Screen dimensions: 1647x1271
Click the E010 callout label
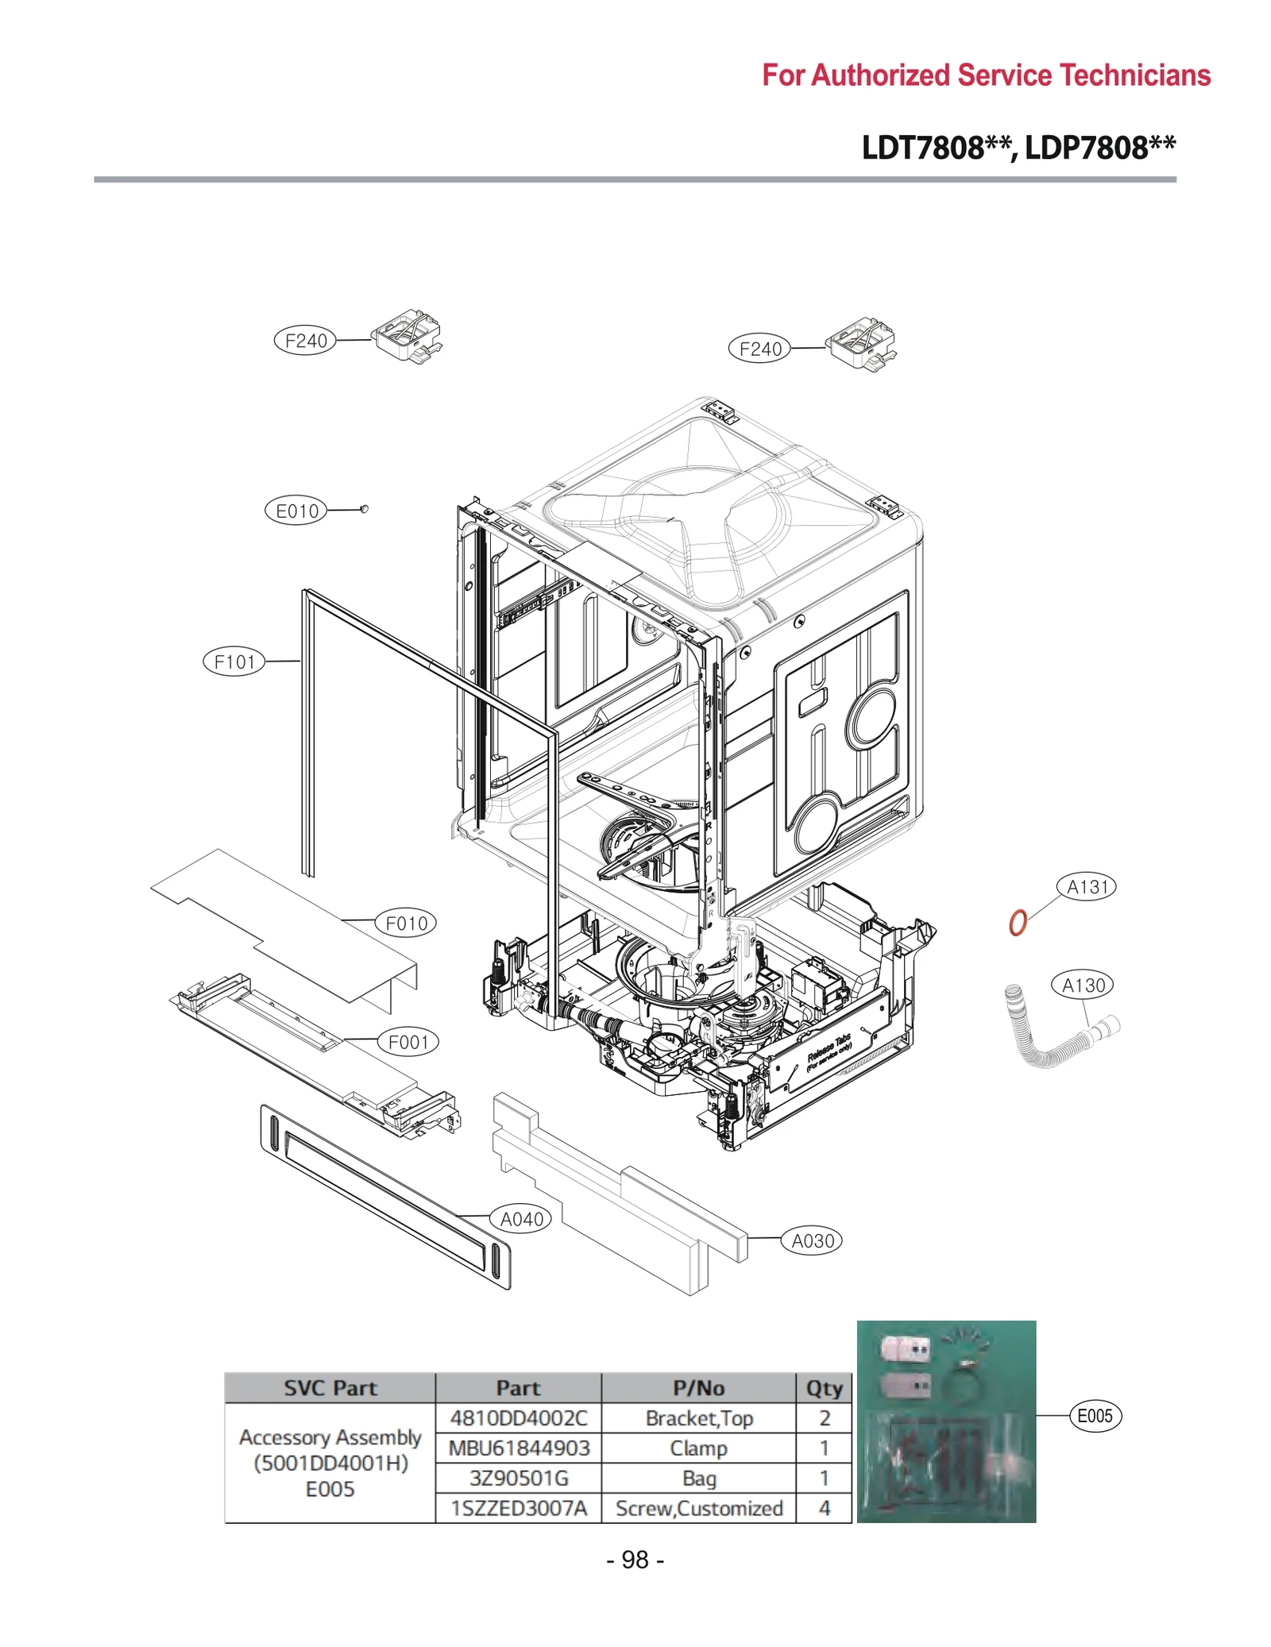click(296, 511)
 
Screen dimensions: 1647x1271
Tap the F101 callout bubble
click(234, 661)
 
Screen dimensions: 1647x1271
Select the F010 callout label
click(406, 923)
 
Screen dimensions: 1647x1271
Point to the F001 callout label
click(408, 1042)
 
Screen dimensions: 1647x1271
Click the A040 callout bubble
click(521, 1219)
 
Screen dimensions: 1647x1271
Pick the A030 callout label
click(812, 1240)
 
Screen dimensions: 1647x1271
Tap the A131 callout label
click(1086, 887)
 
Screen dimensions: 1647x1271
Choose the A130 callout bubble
click(1084, 985)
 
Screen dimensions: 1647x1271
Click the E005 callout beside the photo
click(1095, 1416)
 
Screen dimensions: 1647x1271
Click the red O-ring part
click(1018, 923)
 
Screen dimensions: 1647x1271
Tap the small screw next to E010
click(364, 508)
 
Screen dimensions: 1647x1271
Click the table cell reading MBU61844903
click(519, 1448)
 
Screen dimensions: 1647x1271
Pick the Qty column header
click(824, 1388)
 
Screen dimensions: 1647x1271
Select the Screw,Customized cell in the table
click(699, 1508)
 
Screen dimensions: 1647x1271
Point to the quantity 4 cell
click(824, 1508)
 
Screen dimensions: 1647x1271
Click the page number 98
click(635, 1560)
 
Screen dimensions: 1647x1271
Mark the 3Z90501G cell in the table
click(519, 1478)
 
